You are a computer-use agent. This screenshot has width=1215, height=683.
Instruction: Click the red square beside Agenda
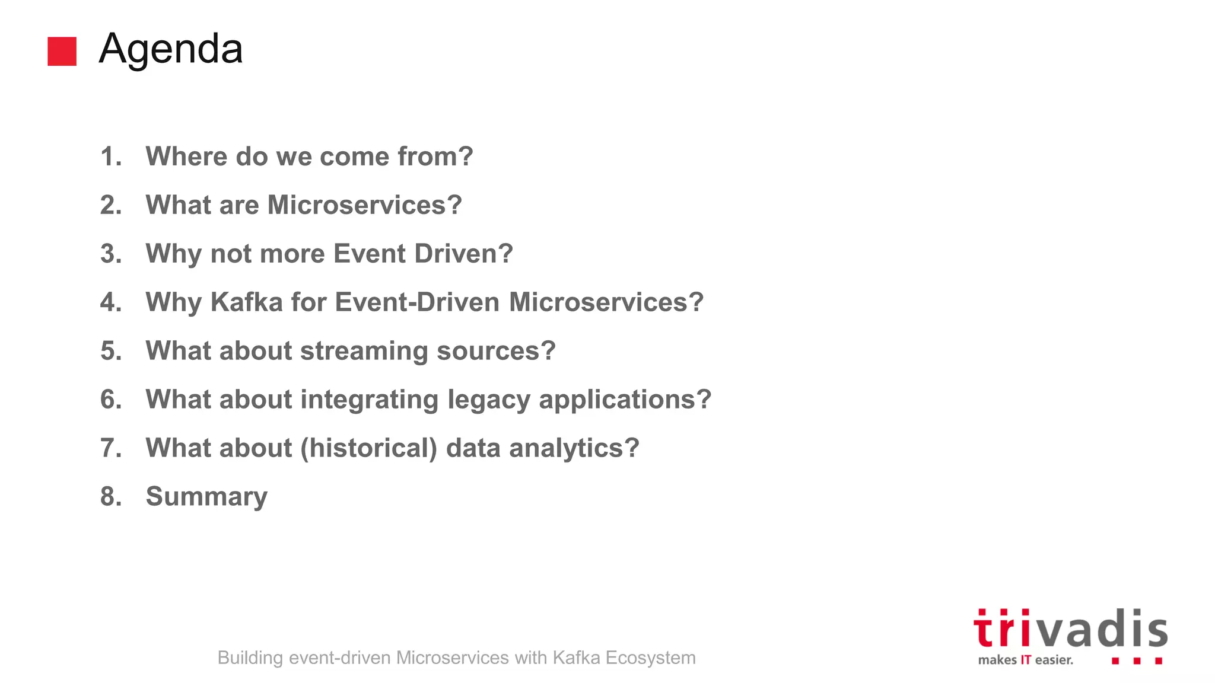pos(62,51)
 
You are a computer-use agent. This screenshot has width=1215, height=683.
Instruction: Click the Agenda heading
pos(171,49)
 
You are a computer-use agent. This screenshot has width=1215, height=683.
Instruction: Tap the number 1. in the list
pos(111,157)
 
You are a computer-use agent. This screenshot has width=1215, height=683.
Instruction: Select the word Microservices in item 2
pos(364,205)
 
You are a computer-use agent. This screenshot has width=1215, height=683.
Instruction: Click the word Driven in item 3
pos(463,254)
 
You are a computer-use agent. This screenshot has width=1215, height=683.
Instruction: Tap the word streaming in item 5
pos(364,351)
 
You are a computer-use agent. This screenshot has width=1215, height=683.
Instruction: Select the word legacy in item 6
pos(488,400)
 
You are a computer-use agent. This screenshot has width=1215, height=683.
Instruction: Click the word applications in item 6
pos(624,400)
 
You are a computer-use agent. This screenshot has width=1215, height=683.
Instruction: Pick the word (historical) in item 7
pos(368,448)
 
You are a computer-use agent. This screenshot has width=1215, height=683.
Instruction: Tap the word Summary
pos(206,497)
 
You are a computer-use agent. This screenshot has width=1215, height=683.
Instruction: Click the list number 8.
pos(111,497)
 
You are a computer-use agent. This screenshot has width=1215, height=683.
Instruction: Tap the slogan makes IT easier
pos(1025,660)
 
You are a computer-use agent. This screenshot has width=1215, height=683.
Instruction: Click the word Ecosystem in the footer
pos(650,658)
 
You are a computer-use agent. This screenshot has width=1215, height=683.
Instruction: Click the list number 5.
pos(111,351)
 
